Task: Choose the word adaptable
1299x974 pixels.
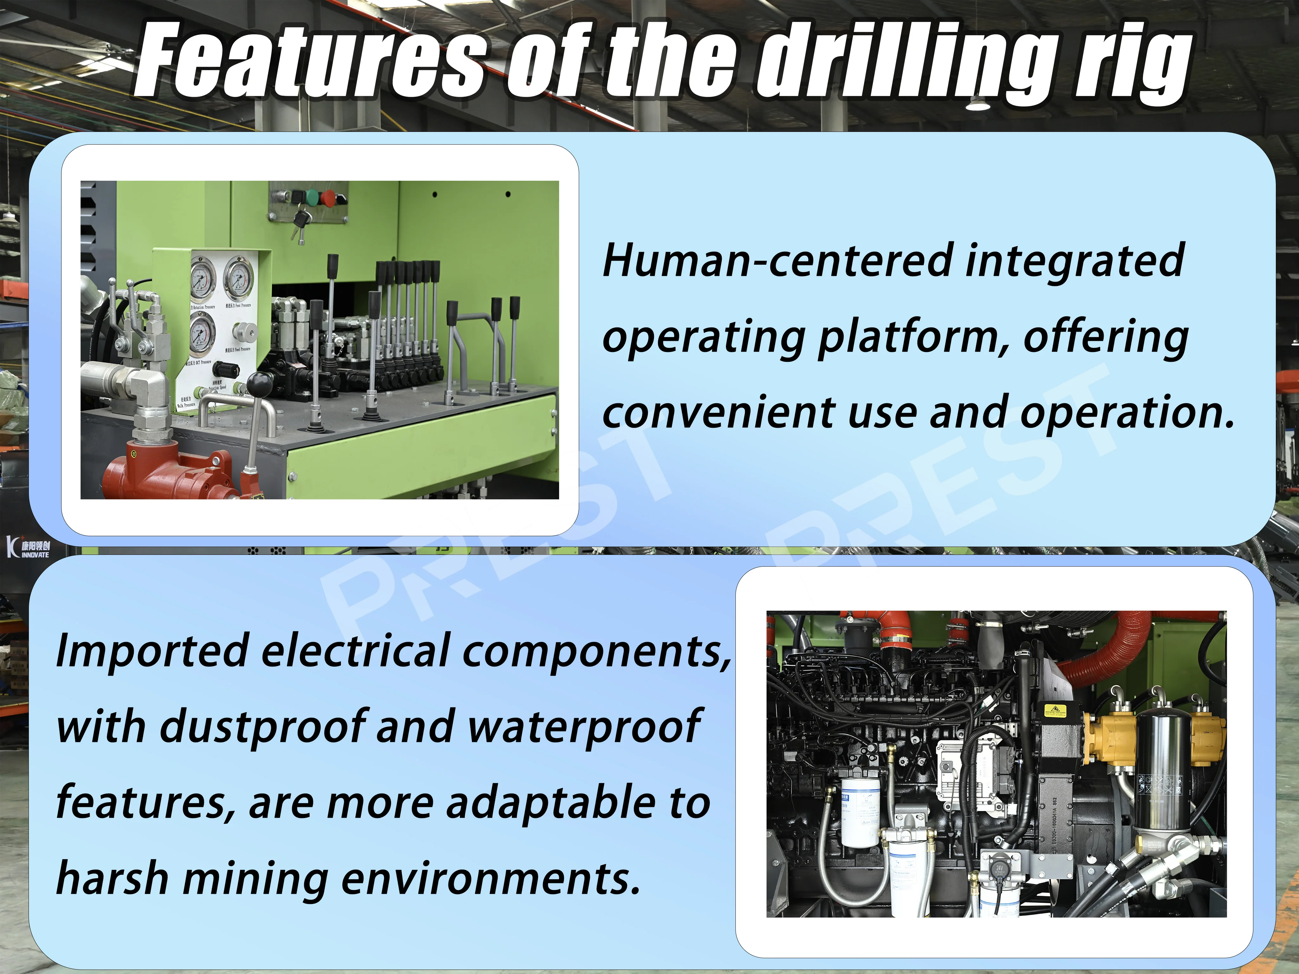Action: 549,803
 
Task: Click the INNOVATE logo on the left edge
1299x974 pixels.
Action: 29,547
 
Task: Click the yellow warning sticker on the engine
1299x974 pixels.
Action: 1055,711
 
